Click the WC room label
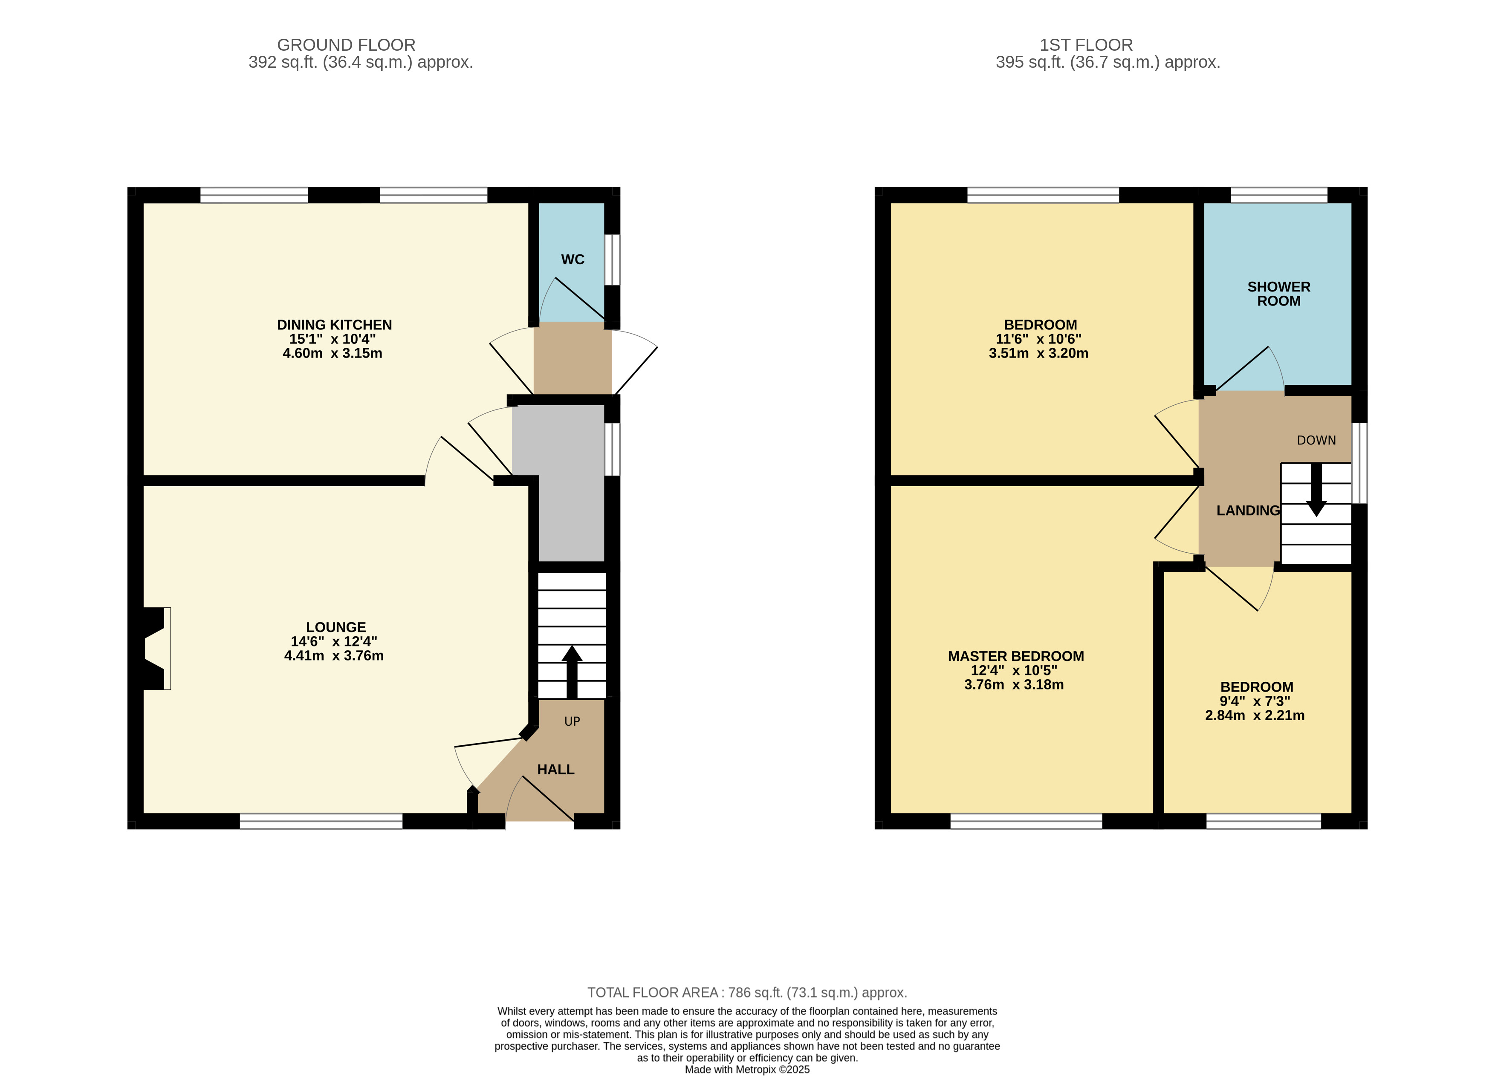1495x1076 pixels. click(572, 260)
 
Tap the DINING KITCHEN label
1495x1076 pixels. click(334, 325)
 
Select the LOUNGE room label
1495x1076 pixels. click(335, 627)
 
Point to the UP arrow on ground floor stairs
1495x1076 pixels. click(572, 672)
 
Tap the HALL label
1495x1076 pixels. click(556, 770)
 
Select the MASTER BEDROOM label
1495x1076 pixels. click(1016, 656)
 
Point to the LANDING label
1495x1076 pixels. click(1248, 511)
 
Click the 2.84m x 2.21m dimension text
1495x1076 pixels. click(1255, 715)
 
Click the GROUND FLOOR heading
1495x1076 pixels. click(346, 45)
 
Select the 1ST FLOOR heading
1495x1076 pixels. click(1086, 45)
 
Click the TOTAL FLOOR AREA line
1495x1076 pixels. click(747, 992)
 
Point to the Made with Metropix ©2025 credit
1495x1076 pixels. click(747, 1070)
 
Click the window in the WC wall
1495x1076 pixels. click(613, 260)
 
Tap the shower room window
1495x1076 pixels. click(1279, 195)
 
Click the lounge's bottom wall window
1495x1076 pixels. click(321, 821)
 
